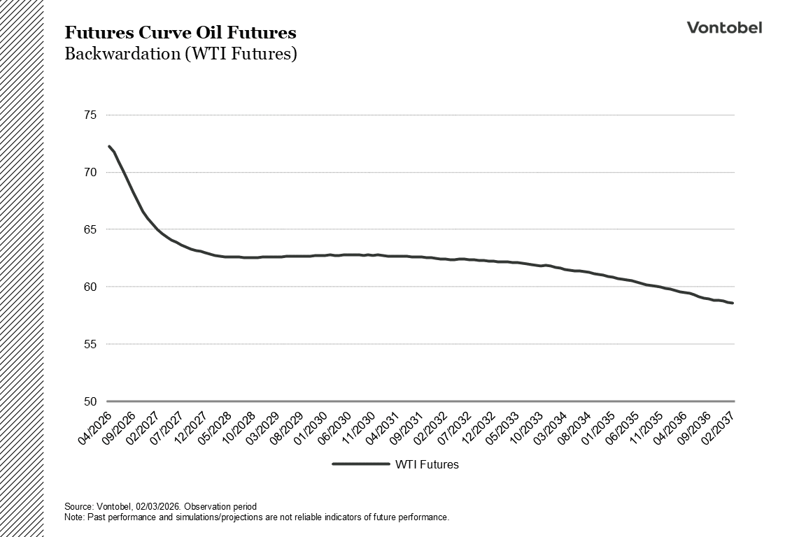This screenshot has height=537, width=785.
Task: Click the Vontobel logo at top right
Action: [724, 27]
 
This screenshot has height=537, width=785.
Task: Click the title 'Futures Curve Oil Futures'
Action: [180, 33]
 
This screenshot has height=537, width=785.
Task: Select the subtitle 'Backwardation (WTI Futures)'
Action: [181, 54]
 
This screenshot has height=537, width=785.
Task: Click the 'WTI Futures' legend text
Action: [427, 464]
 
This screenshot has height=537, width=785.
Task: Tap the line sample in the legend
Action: [360, 464]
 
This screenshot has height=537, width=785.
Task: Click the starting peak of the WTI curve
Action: [109, 146]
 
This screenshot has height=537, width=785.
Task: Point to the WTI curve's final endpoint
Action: [733, 303]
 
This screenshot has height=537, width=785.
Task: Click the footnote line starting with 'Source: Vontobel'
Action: [160, 506]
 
